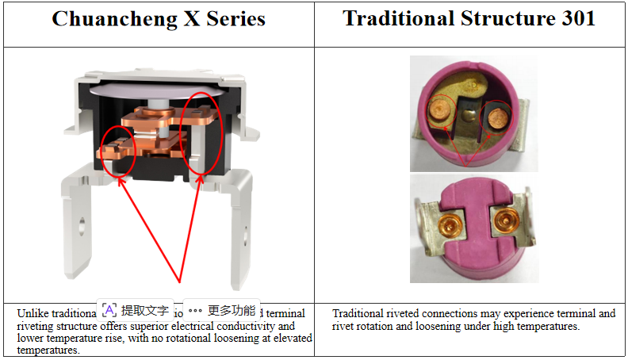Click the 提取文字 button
[x=136, y=310]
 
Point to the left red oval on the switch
[x=118, y=147]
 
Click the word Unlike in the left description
[x=32, y=313]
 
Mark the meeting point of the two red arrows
[x=181, y=282]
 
